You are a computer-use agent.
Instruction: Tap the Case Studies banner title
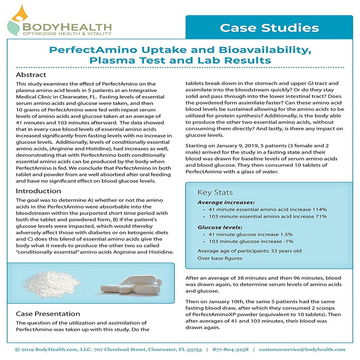pos(269,28)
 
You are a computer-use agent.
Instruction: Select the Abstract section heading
pos(31,75)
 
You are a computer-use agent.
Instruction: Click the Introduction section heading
pos(39,191)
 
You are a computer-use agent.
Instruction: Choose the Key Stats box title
pos(215,193)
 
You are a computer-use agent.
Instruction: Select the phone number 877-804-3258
pos(230,349)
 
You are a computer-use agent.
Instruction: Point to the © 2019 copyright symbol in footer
pos(17,349)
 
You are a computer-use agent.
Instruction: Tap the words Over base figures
pos(220,258)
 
